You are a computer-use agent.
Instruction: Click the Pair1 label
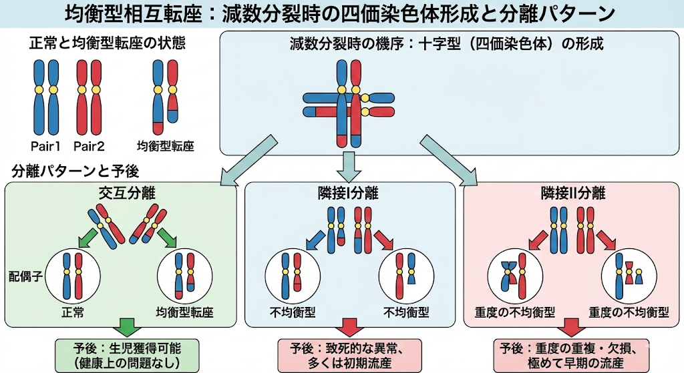click(x=45, y=145)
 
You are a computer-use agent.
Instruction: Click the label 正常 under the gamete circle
click(x=73, y=311)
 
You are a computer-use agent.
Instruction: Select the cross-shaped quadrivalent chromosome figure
click(x=347, y=103)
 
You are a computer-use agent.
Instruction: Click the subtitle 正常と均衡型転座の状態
click(x=107, y=44)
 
